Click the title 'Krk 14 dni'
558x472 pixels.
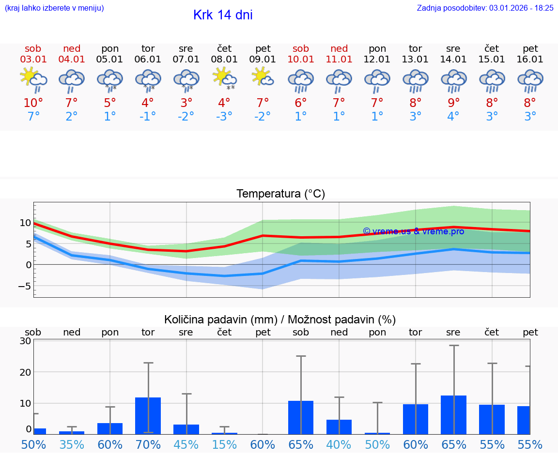223,15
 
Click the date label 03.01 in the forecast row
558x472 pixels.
33,60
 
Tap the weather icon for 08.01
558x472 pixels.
224,79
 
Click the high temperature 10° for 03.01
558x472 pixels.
33,103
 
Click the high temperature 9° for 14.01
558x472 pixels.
453,103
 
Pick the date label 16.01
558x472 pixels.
530,60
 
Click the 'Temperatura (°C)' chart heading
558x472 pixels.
280,194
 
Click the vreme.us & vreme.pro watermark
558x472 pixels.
413,231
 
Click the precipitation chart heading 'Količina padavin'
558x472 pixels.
280,320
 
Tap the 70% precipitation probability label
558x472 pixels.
148,445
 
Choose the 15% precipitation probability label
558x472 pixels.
224,445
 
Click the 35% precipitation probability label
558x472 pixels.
72,445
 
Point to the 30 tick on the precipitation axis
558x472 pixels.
25,341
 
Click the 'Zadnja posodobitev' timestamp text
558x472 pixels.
485,8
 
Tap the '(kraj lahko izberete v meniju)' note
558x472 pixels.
54,8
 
